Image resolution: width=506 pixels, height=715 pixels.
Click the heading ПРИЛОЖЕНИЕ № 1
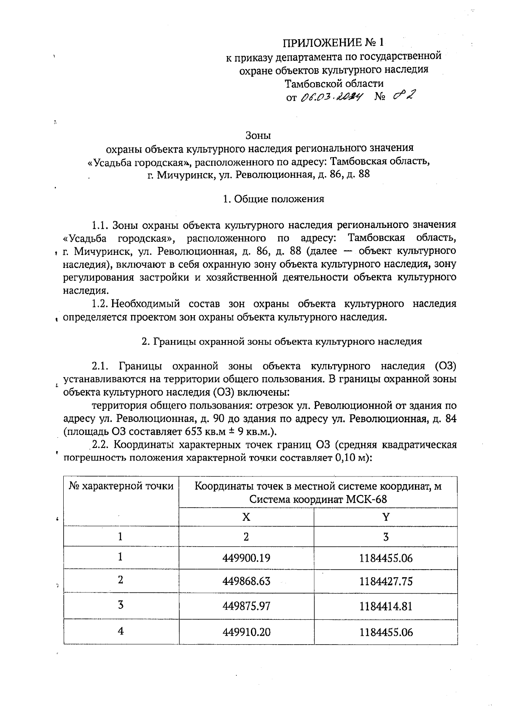point(334,43)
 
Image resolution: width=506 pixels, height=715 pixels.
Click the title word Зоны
point(258,136)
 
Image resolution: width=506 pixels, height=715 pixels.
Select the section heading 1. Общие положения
point(274,199)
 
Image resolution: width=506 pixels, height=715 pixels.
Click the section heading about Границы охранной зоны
point(282,342)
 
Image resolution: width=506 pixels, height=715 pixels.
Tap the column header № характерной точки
point(121,486)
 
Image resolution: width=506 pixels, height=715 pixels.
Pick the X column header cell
point(246,517)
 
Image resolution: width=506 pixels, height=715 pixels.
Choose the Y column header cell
point(385,517)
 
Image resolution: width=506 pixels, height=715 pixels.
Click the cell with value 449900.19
point(246,558)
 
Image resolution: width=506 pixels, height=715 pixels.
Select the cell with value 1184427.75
point(385,582)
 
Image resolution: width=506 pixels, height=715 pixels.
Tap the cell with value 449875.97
point(246,606)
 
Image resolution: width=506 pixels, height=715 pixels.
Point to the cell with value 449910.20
point(246,632)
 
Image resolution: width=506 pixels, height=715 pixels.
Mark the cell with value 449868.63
point(246,582)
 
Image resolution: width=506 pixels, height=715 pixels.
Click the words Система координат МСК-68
point(318,500)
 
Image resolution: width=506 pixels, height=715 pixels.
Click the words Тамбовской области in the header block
point(334,83)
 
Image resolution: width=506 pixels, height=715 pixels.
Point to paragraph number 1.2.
point(100,304)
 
